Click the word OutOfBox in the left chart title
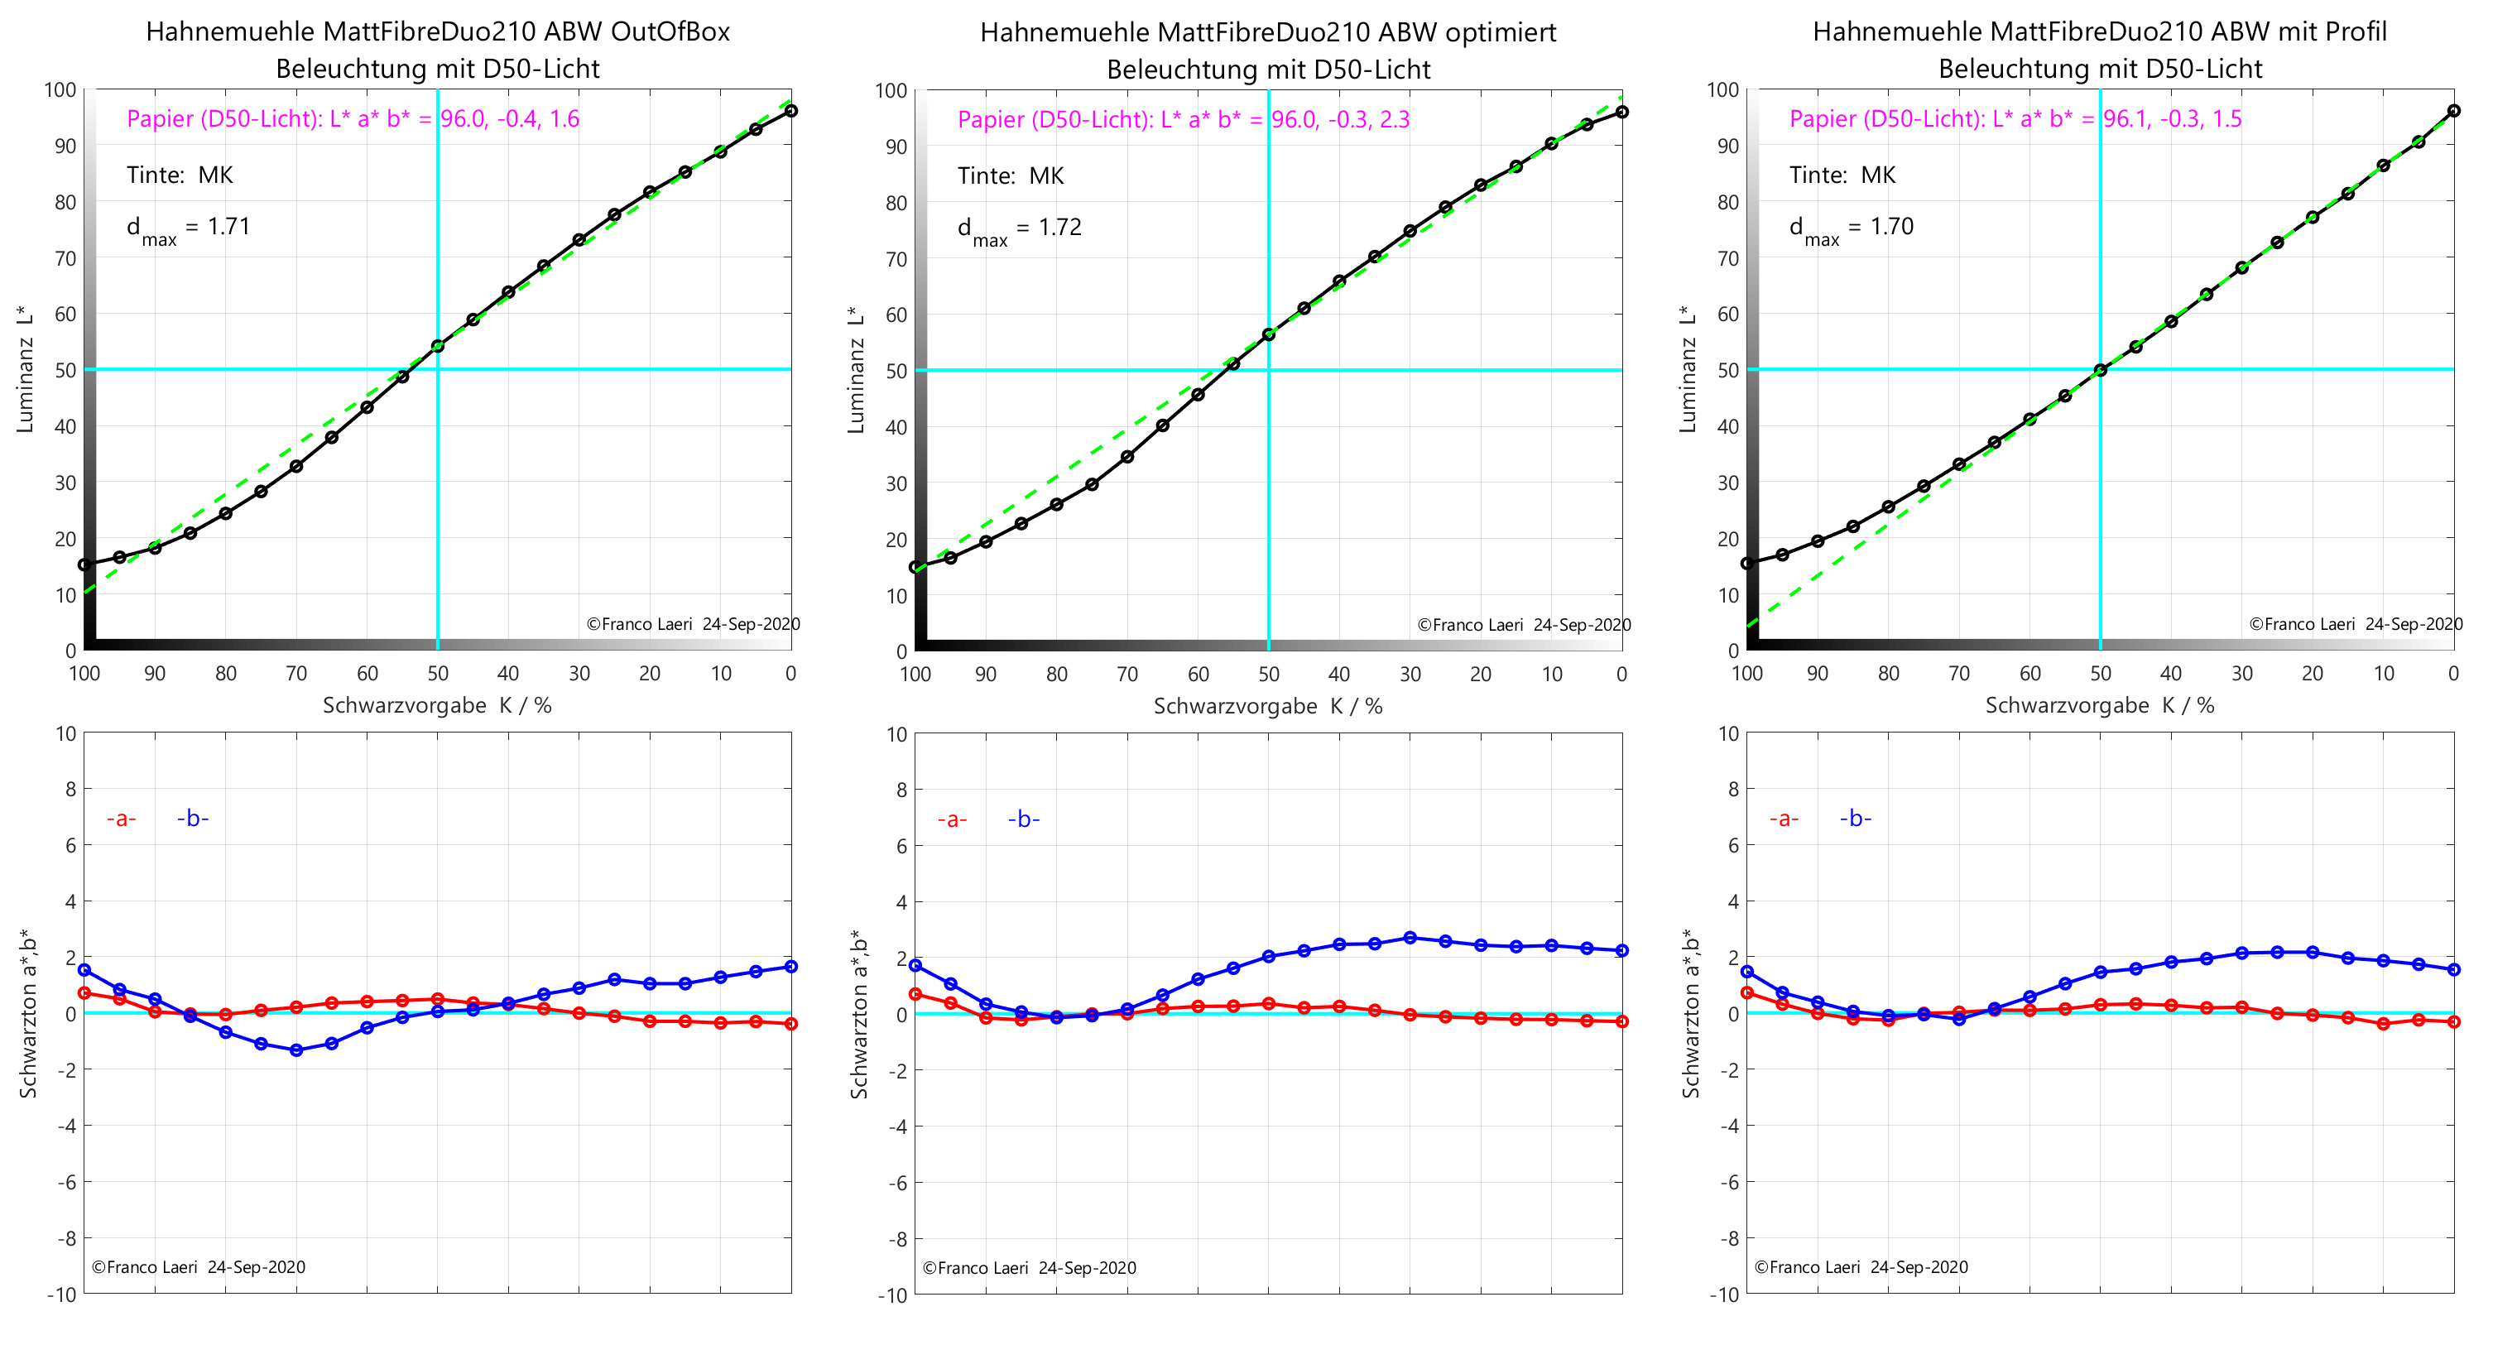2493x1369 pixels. [x=670, y=32]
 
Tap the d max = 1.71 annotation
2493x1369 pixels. [x=189, y=228]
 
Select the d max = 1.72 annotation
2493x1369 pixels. [x=1019, y=229]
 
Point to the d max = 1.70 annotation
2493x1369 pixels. [x=1852, y=228]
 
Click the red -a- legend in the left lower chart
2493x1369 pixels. [x=121, y=819]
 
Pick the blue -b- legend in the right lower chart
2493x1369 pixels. [x=1855, y=819]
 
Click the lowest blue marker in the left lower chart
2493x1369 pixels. [x=296, y=1050]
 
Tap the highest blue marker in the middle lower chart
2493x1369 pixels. [x=1410, y=938]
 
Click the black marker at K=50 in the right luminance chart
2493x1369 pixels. [x=2100, y=370]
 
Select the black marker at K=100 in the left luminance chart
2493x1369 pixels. [x=84, y=564]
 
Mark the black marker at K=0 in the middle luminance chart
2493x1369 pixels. [x=1622, y=113]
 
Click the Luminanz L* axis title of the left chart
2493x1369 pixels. [x=25, y=370]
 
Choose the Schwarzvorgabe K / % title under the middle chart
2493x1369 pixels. [x=1268, y=707]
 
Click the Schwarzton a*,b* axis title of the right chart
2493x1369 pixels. [x=1690, y=1013]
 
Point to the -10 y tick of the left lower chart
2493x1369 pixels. [x=61, y=1295]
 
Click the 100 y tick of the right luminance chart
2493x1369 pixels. [x=1722, y=90]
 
